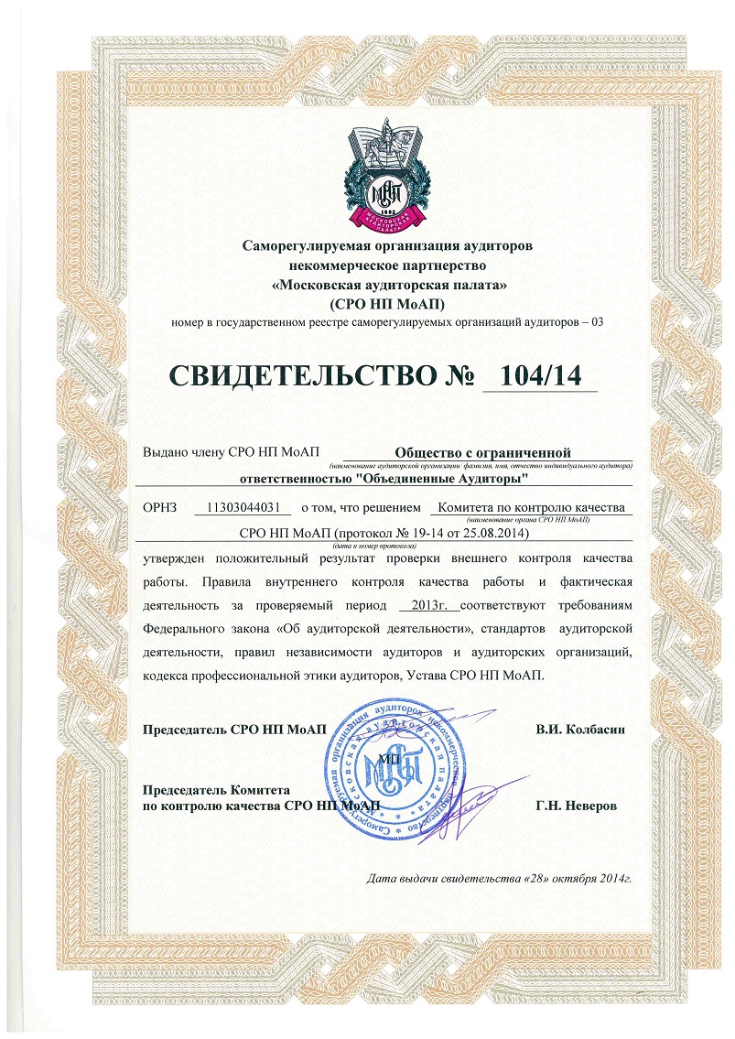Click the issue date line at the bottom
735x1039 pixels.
click(500, 879)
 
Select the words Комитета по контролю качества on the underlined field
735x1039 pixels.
click(531, 507)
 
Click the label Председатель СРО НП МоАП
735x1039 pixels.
click(235, 729)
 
